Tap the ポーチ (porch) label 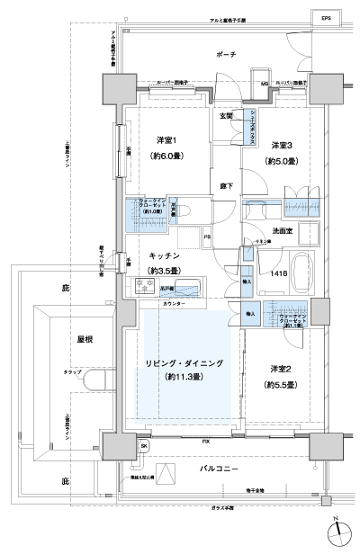pos(226,55)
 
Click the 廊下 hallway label pos(226,184)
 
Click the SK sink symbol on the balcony pos(144,445)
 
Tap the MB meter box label pos(265,85)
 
